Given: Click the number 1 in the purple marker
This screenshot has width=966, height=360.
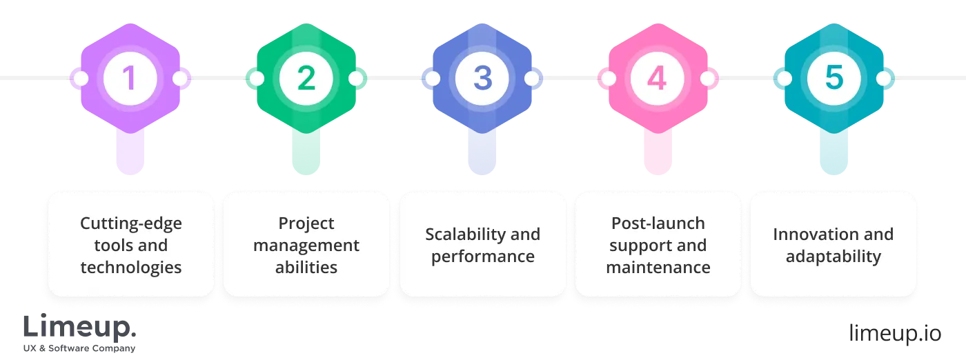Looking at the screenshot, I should [x=130, y=79].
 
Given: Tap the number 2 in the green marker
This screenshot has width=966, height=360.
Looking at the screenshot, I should [x=306, y=79].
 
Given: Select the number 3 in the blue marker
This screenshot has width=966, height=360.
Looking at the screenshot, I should [x=482, y=79].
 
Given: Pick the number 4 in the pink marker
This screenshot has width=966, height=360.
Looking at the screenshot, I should [x=658, y=79].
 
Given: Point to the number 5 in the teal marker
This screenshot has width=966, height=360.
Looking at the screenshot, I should [x=834, y=79].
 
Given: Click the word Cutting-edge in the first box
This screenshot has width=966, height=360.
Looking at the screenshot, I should [x=130, y=223].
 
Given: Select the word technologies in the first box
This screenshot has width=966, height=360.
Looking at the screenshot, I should [x=130, y=267].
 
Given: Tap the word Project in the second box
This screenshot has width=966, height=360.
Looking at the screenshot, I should [x=306, y=223].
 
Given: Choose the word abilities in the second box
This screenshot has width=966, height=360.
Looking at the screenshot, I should [x=306, y=267].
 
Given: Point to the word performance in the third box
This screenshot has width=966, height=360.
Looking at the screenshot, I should [x=482, y=257].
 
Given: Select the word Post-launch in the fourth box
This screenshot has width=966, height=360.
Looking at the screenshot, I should [x=658, y=223].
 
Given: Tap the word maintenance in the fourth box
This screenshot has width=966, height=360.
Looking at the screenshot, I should [x=658, y=267].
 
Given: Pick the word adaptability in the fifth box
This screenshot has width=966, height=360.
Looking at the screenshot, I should [x=834, y=257].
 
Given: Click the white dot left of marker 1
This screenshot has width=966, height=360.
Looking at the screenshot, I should [x=81, y=79].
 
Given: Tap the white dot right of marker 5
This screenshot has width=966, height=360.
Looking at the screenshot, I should [x=883, y=79].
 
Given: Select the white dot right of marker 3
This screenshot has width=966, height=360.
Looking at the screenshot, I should [x=531, y=79].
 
